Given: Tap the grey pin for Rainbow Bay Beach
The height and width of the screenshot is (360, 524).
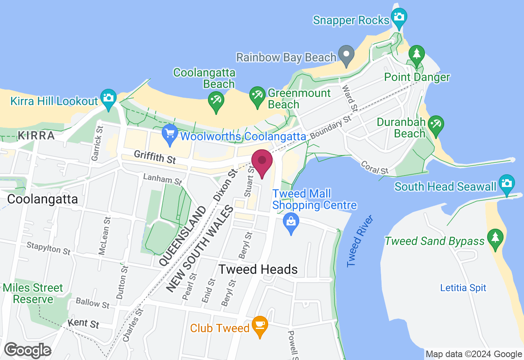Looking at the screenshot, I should pyautogui.click(x=346, y=54).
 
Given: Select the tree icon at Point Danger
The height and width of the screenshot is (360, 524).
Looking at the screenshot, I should pyautogui.click(x=417, y=54).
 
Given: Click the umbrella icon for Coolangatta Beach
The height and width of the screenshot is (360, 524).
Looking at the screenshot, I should pyautogui.click(x=216, y=99).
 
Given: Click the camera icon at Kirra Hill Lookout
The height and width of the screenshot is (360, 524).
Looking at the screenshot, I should pyautogui.click(x=108, y=98).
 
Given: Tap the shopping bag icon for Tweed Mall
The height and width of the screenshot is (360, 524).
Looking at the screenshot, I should pyautogui.click(x=291, y=222).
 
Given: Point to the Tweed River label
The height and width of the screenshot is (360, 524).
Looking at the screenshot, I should pyautogui.click(x=360, y=241).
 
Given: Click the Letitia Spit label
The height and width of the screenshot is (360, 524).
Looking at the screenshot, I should pyautogui.click(x=463, y=288).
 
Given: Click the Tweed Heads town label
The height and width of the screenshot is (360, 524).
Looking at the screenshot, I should pyautogui.click(x=258, y=269).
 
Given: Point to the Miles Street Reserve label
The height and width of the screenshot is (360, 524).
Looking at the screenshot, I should pyautogui.click(x=33, y=293).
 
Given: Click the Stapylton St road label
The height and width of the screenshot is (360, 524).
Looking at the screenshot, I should pyautogui.click(x=49, y=248).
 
